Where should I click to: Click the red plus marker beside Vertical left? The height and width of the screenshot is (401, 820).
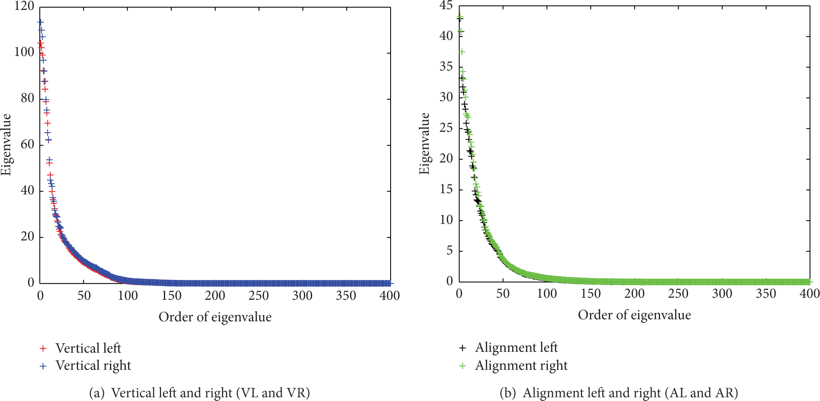(43, 348)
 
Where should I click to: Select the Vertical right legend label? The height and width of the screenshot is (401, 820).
(93, 366)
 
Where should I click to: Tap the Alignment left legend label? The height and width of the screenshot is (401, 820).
(516, 348)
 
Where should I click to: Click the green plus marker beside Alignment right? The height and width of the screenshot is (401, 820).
(463, 366)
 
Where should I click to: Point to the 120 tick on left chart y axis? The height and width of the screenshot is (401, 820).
(24, 6)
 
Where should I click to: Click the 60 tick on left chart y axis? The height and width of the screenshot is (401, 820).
(27, 144)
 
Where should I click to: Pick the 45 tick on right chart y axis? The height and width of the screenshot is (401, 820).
(446, 6)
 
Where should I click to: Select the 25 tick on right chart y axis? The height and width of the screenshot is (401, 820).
(446, 128)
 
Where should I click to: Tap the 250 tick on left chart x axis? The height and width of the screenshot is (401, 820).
(259, 295)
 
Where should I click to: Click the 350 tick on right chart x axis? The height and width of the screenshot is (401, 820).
(766, 294)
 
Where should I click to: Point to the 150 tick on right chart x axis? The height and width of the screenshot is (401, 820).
(591, 294)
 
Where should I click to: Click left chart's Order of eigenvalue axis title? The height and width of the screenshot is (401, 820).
(215, 317)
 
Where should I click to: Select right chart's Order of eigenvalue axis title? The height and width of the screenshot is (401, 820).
(634, 315)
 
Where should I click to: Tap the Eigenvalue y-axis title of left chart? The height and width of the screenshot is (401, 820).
(6, 144)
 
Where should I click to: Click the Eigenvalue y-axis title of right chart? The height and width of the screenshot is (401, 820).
(425, 143)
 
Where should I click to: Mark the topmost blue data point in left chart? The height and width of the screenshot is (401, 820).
(41, 22)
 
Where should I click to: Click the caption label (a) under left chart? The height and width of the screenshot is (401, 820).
(97, 393)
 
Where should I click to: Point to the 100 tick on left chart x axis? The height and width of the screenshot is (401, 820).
(128, 295)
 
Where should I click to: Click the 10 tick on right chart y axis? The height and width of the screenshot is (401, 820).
(446, 220)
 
